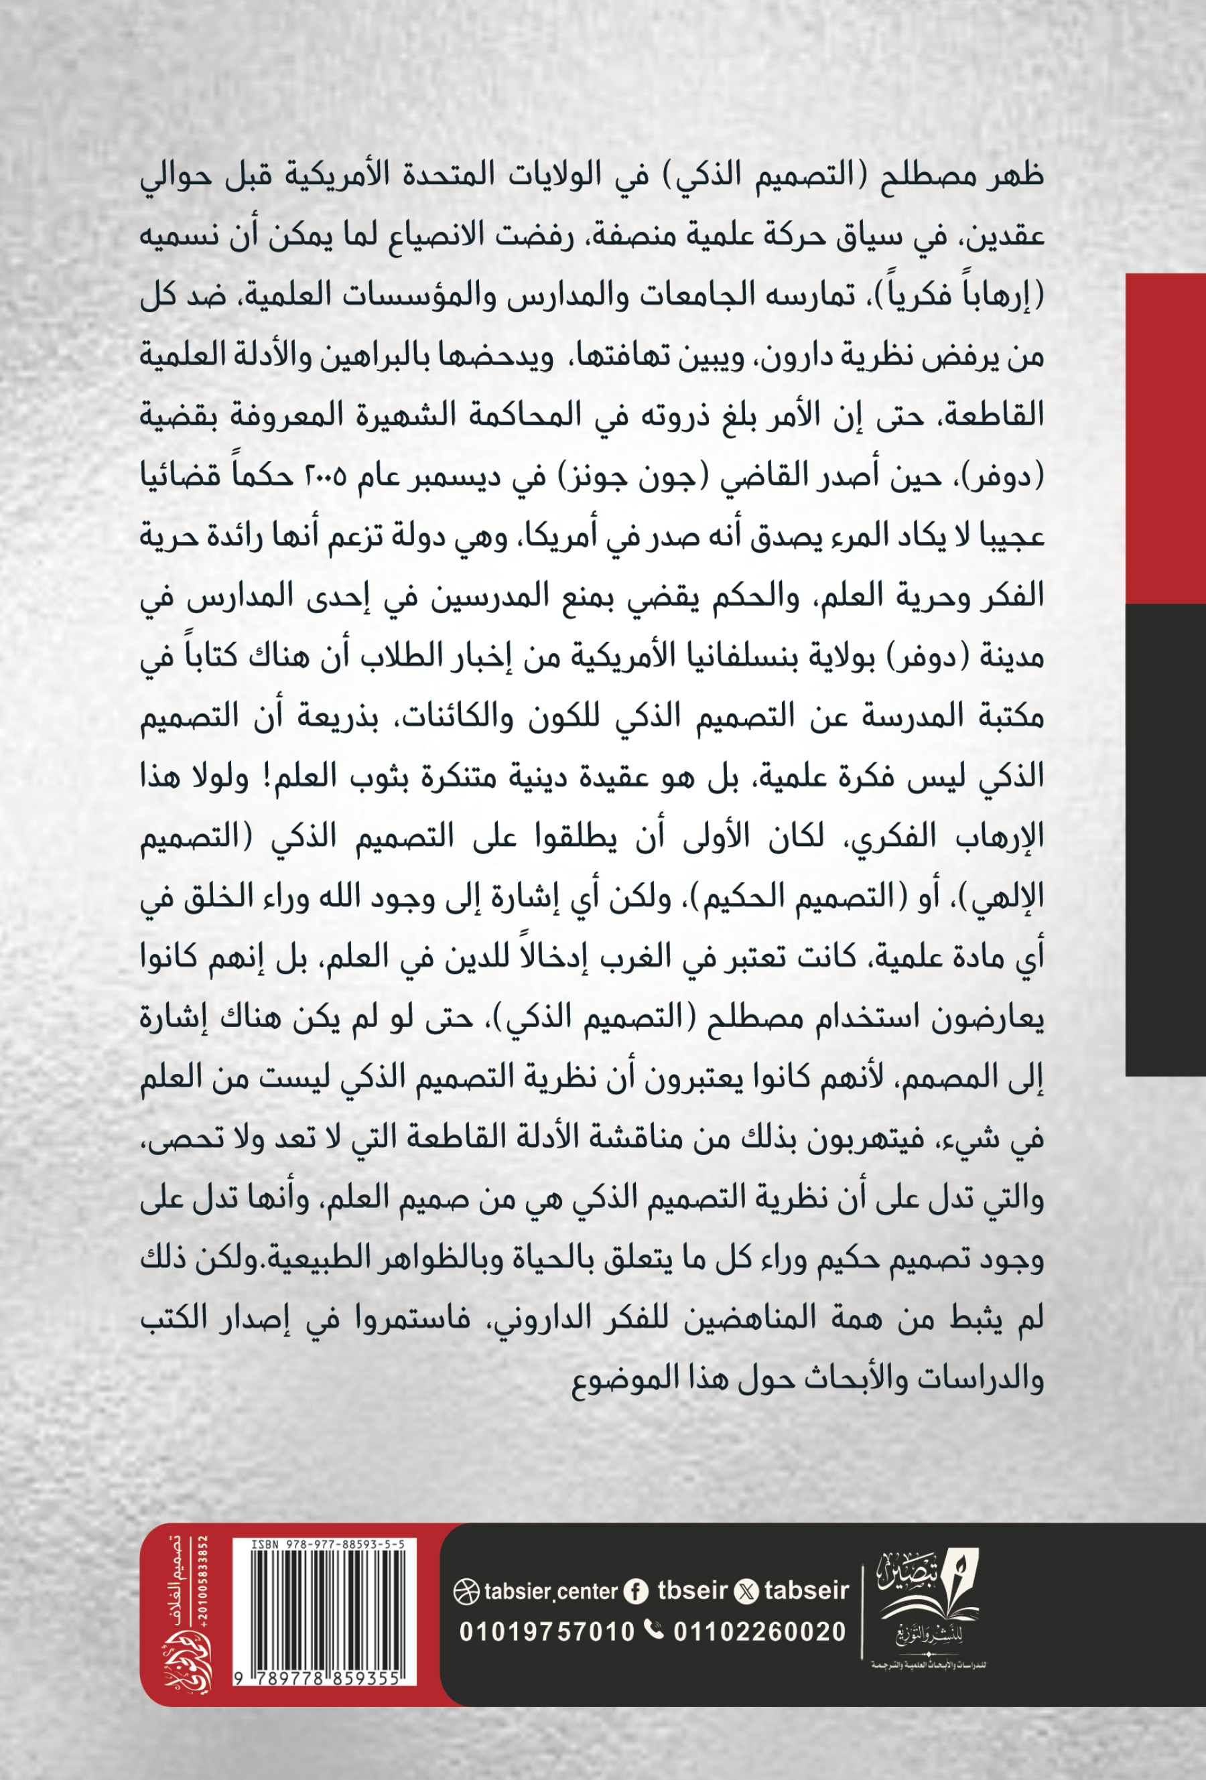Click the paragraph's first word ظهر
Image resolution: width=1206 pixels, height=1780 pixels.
pyautogui.click(x=1014, y=176)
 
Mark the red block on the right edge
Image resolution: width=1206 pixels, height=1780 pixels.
pyautogui.click(x=1164, y=437)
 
